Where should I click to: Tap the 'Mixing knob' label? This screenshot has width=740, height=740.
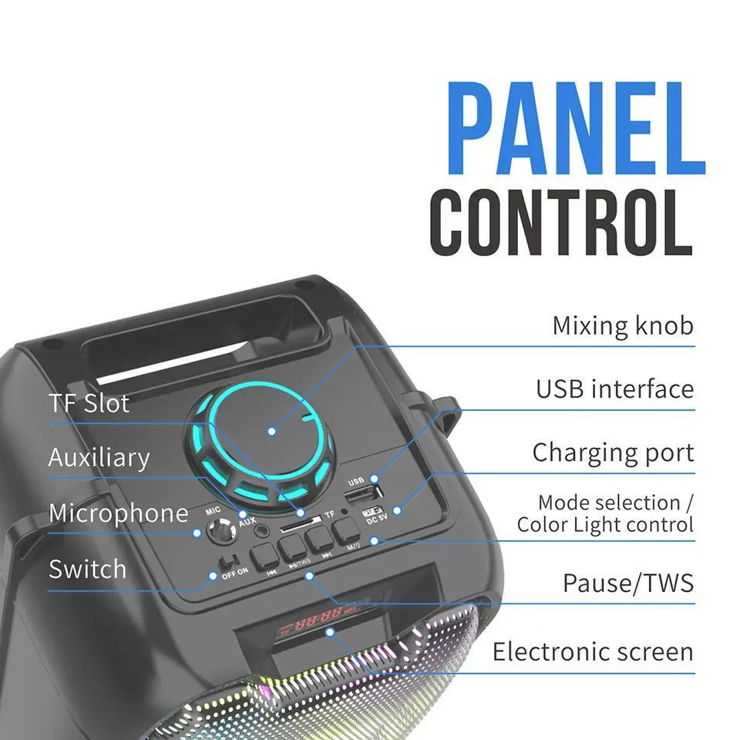pyautogui.click(x=622, y=326)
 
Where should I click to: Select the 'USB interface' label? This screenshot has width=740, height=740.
pyautogui.click(x=614, y=389)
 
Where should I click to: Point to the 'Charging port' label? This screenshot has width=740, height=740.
pyautogui.click(x=613, y=452)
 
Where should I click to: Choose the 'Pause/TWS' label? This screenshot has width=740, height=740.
pyautogui.click(x=627, y=584)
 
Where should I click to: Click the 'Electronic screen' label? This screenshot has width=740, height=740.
pyautogui.click(x=593, y=652)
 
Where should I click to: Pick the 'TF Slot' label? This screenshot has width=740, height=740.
pyautogui.click(x=89, y=403)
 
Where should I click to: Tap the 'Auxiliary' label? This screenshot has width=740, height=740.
pyautogui.click(x=99, y=458)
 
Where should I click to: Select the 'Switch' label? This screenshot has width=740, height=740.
pyautogui.click(x=87, y=570)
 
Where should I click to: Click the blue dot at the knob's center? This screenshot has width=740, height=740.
pyautogui.click(x=271, y=430)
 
